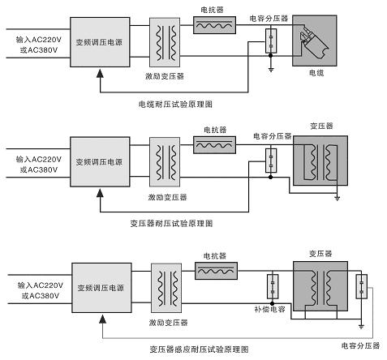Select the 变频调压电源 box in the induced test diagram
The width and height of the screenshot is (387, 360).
[x=101, y=288]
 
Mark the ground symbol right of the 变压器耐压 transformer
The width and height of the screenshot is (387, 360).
[x=338, y=195]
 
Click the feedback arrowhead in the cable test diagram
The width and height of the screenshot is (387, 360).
[x=99, y=75]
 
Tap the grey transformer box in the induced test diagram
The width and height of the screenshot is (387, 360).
[x=320, y=288]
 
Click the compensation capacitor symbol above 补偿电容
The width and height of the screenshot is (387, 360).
[x=270, y=287]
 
